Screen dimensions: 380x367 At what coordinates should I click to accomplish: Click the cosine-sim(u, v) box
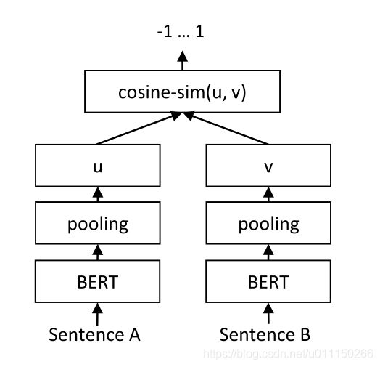click(x=182, y=92)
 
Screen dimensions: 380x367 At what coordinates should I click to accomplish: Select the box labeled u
click(x=98, y=166)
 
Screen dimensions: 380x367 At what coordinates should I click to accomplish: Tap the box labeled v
click(x=268, y=166)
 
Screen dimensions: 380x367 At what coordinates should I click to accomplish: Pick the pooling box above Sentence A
click(x=98, y=223)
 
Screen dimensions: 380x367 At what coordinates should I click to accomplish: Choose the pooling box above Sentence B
click(x=268, y=223)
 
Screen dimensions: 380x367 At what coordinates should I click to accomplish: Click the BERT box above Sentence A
click(x=97, y=281)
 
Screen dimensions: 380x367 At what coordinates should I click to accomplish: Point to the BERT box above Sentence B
click(x=268, y=281)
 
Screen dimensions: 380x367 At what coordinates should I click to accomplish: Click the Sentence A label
click(x=94, y=335)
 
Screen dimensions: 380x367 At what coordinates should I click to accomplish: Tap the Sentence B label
click(x=265, y=335)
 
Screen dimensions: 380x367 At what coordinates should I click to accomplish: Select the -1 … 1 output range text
click(x=181, y=31)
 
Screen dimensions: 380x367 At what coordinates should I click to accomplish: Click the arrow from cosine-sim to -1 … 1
click(x=182, y=60)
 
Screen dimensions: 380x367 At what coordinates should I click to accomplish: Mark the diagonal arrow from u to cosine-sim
click(x=139, y=128)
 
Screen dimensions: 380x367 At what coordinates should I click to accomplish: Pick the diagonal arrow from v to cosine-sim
click(x=226, y=128)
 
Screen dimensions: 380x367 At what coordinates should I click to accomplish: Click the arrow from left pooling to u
click(x=98, y=194)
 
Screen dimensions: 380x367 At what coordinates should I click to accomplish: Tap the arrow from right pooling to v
click(x=268, y=194)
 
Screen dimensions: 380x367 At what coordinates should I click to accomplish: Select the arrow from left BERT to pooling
click(x=98, y=252)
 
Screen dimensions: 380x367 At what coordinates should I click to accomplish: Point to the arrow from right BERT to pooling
click(x=268, y=252)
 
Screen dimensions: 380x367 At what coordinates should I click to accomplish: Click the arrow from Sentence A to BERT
click(x=97, y=314)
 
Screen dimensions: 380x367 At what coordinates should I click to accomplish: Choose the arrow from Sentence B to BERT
click(x=268, y=313)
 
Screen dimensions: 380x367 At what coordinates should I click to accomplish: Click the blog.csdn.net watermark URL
click(x=289, y=354)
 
